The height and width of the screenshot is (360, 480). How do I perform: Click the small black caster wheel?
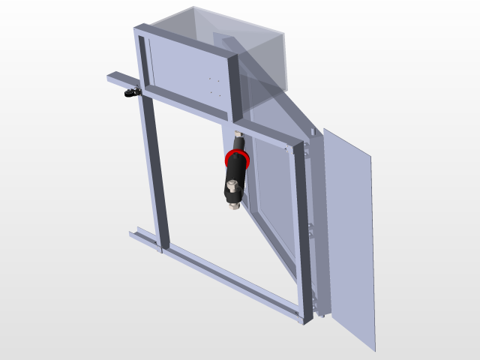[133, 94]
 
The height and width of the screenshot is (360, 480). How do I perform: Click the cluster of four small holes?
[214, 85]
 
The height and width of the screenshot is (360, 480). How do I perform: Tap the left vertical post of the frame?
[156, 172]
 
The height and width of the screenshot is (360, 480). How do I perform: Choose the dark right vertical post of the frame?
[304, 225]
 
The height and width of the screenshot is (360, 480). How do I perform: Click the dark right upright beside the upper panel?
[233, 86]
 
